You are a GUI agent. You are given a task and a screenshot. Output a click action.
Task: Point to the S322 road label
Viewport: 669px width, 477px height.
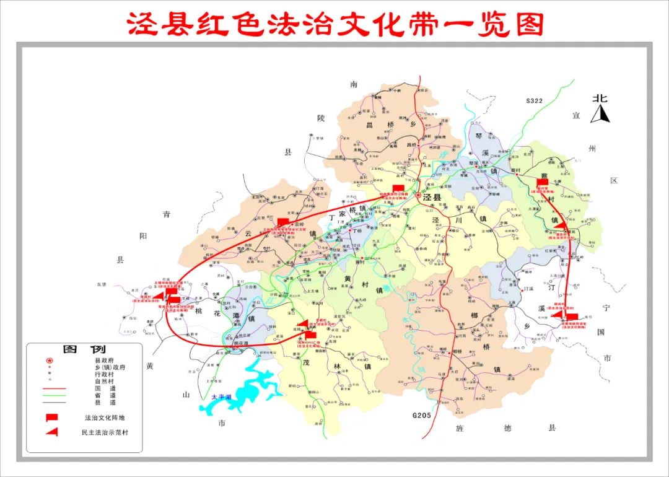coord(533,100)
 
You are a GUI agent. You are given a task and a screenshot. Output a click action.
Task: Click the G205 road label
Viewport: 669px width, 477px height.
coord(421,415)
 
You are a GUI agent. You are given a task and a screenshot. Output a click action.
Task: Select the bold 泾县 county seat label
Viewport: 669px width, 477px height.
coord(433,197)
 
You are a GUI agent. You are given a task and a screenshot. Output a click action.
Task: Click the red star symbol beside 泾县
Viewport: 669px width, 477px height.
coord(418,196)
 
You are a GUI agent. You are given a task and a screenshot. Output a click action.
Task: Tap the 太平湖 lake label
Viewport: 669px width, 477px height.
coord(221,396)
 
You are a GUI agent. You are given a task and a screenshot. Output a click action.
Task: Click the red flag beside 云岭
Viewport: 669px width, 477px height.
coord(282,221)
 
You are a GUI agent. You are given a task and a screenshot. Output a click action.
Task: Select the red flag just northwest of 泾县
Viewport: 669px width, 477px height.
coord(398,187)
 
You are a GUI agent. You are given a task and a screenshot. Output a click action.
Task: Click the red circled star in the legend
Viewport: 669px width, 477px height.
coord(50,360)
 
